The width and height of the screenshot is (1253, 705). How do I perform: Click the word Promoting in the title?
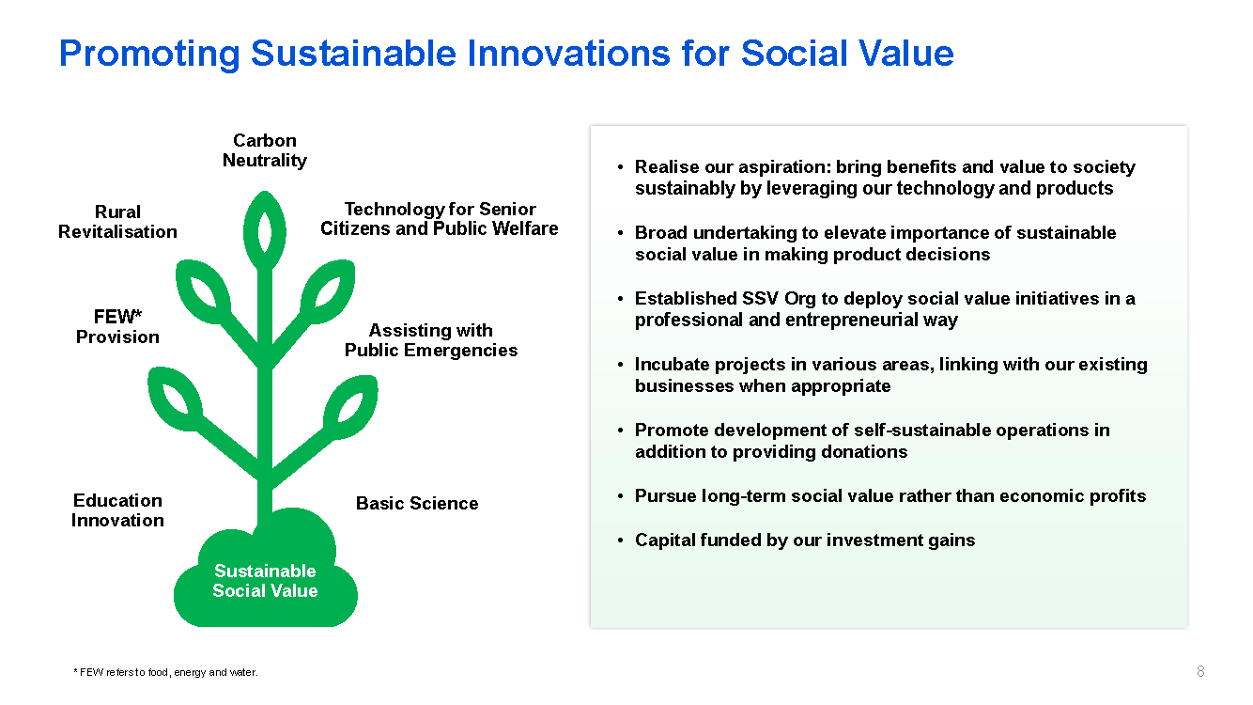[x=149, y=55]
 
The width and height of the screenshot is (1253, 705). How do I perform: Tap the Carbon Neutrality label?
[x=265, y=150]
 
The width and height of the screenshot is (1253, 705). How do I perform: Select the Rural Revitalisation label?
[x=117, y=222]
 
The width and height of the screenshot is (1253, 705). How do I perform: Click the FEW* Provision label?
[x=117, y=326]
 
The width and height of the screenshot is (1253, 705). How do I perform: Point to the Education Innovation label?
[x=117, y=510]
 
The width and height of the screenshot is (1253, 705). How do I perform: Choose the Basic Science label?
[x=417, y=503]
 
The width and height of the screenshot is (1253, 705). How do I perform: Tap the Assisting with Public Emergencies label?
[x=431, y=340]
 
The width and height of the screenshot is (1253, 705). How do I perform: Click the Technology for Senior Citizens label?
[x=439, y=218]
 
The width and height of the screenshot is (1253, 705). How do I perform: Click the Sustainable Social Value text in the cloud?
[x=265, y=581]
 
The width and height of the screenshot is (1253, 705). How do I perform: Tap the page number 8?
[x=1200, y=671]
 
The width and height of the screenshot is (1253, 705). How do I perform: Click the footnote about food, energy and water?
[x=165, y=672]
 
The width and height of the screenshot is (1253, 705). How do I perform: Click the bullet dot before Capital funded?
[x=620, y=540]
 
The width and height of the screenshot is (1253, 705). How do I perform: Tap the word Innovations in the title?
[x=568, y=54]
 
